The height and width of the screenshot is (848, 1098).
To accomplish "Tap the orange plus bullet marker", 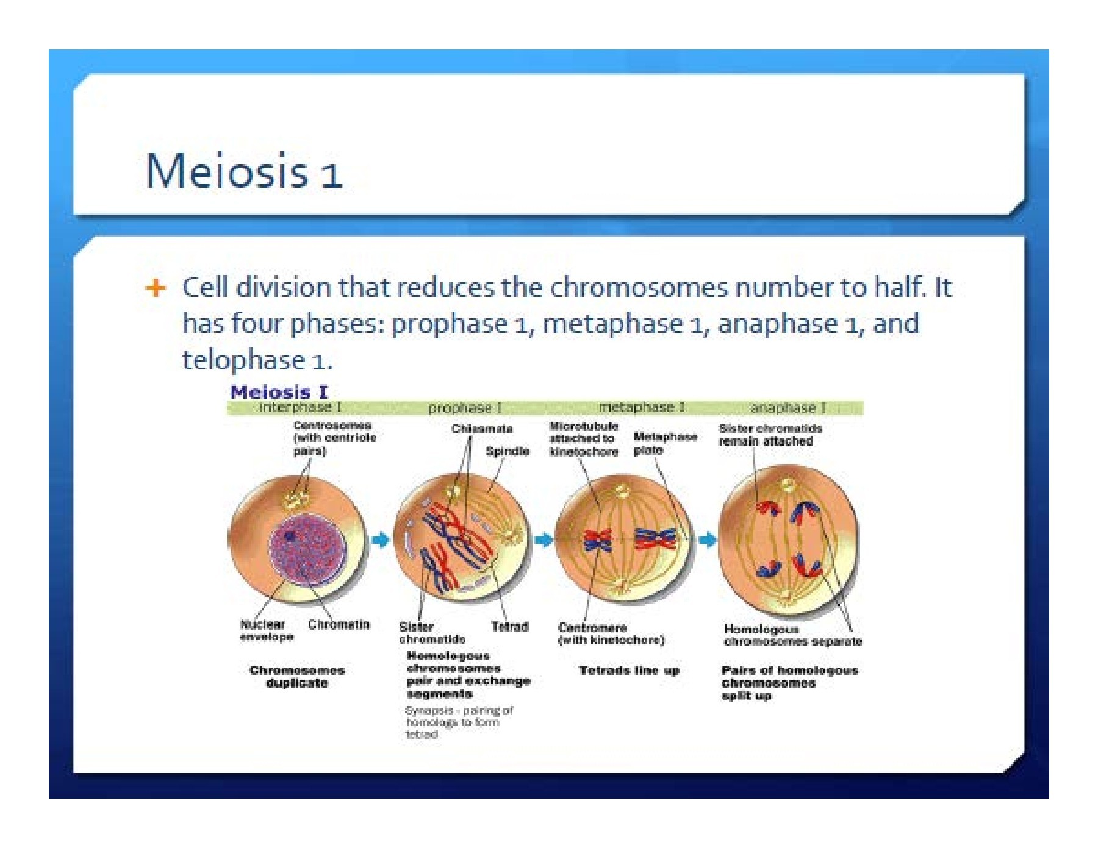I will pyautogui.click(x=156, y=287).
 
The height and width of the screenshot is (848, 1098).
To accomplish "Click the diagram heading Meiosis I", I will pyautogui.click(x=279, y=392).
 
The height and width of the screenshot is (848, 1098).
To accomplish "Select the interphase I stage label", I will pyautogui.click(x=300, y=407).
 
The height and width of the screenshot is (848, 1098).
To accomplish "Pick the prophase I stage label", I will pyautogui.click(x=465, y=408).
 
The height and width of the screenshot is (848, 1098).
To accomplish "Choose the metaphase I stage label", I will pyautogui.click(x=641, y=407).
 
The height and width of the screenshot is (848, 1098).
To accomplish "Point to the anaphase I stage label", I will pyautogui.click(x=788, y=408).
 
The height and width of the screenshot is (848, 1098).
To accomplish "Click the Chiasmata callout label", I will pyautogui.click(x=481, y=429).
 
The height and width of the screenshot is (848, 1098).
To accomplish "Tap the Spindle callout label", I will pyautogui.click(x=507, y=451).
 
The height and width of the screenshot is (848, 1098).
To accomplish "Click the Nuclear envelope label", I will pyautogui.click(x=266, y=630).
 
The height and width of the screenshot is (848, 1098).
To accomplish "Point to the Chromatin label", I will pyautogui.click(x=339, y=624).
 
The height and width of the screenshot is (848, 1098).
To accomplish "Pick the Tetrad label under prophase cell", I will pyautogui.click(x=509, y=626).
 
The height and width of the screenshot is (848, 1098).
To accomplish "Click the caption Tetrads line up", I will pyautogui.click(x=628, y=671).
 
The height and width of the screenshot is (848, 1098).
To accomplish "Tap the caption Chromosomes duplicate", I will pyautogui.click(x=297, y=677).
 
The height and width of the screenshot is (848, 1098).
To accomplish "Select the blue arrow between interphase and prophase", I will pyautogui.click(x=380, y=540).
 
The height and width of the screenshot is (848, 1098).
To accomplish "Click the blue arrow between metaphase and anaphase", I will pyautogui.click(x=707, y=540).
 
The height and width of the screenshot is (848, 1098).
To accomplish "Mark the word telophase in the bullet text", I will pyautogui.click(x=243, y=360).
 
